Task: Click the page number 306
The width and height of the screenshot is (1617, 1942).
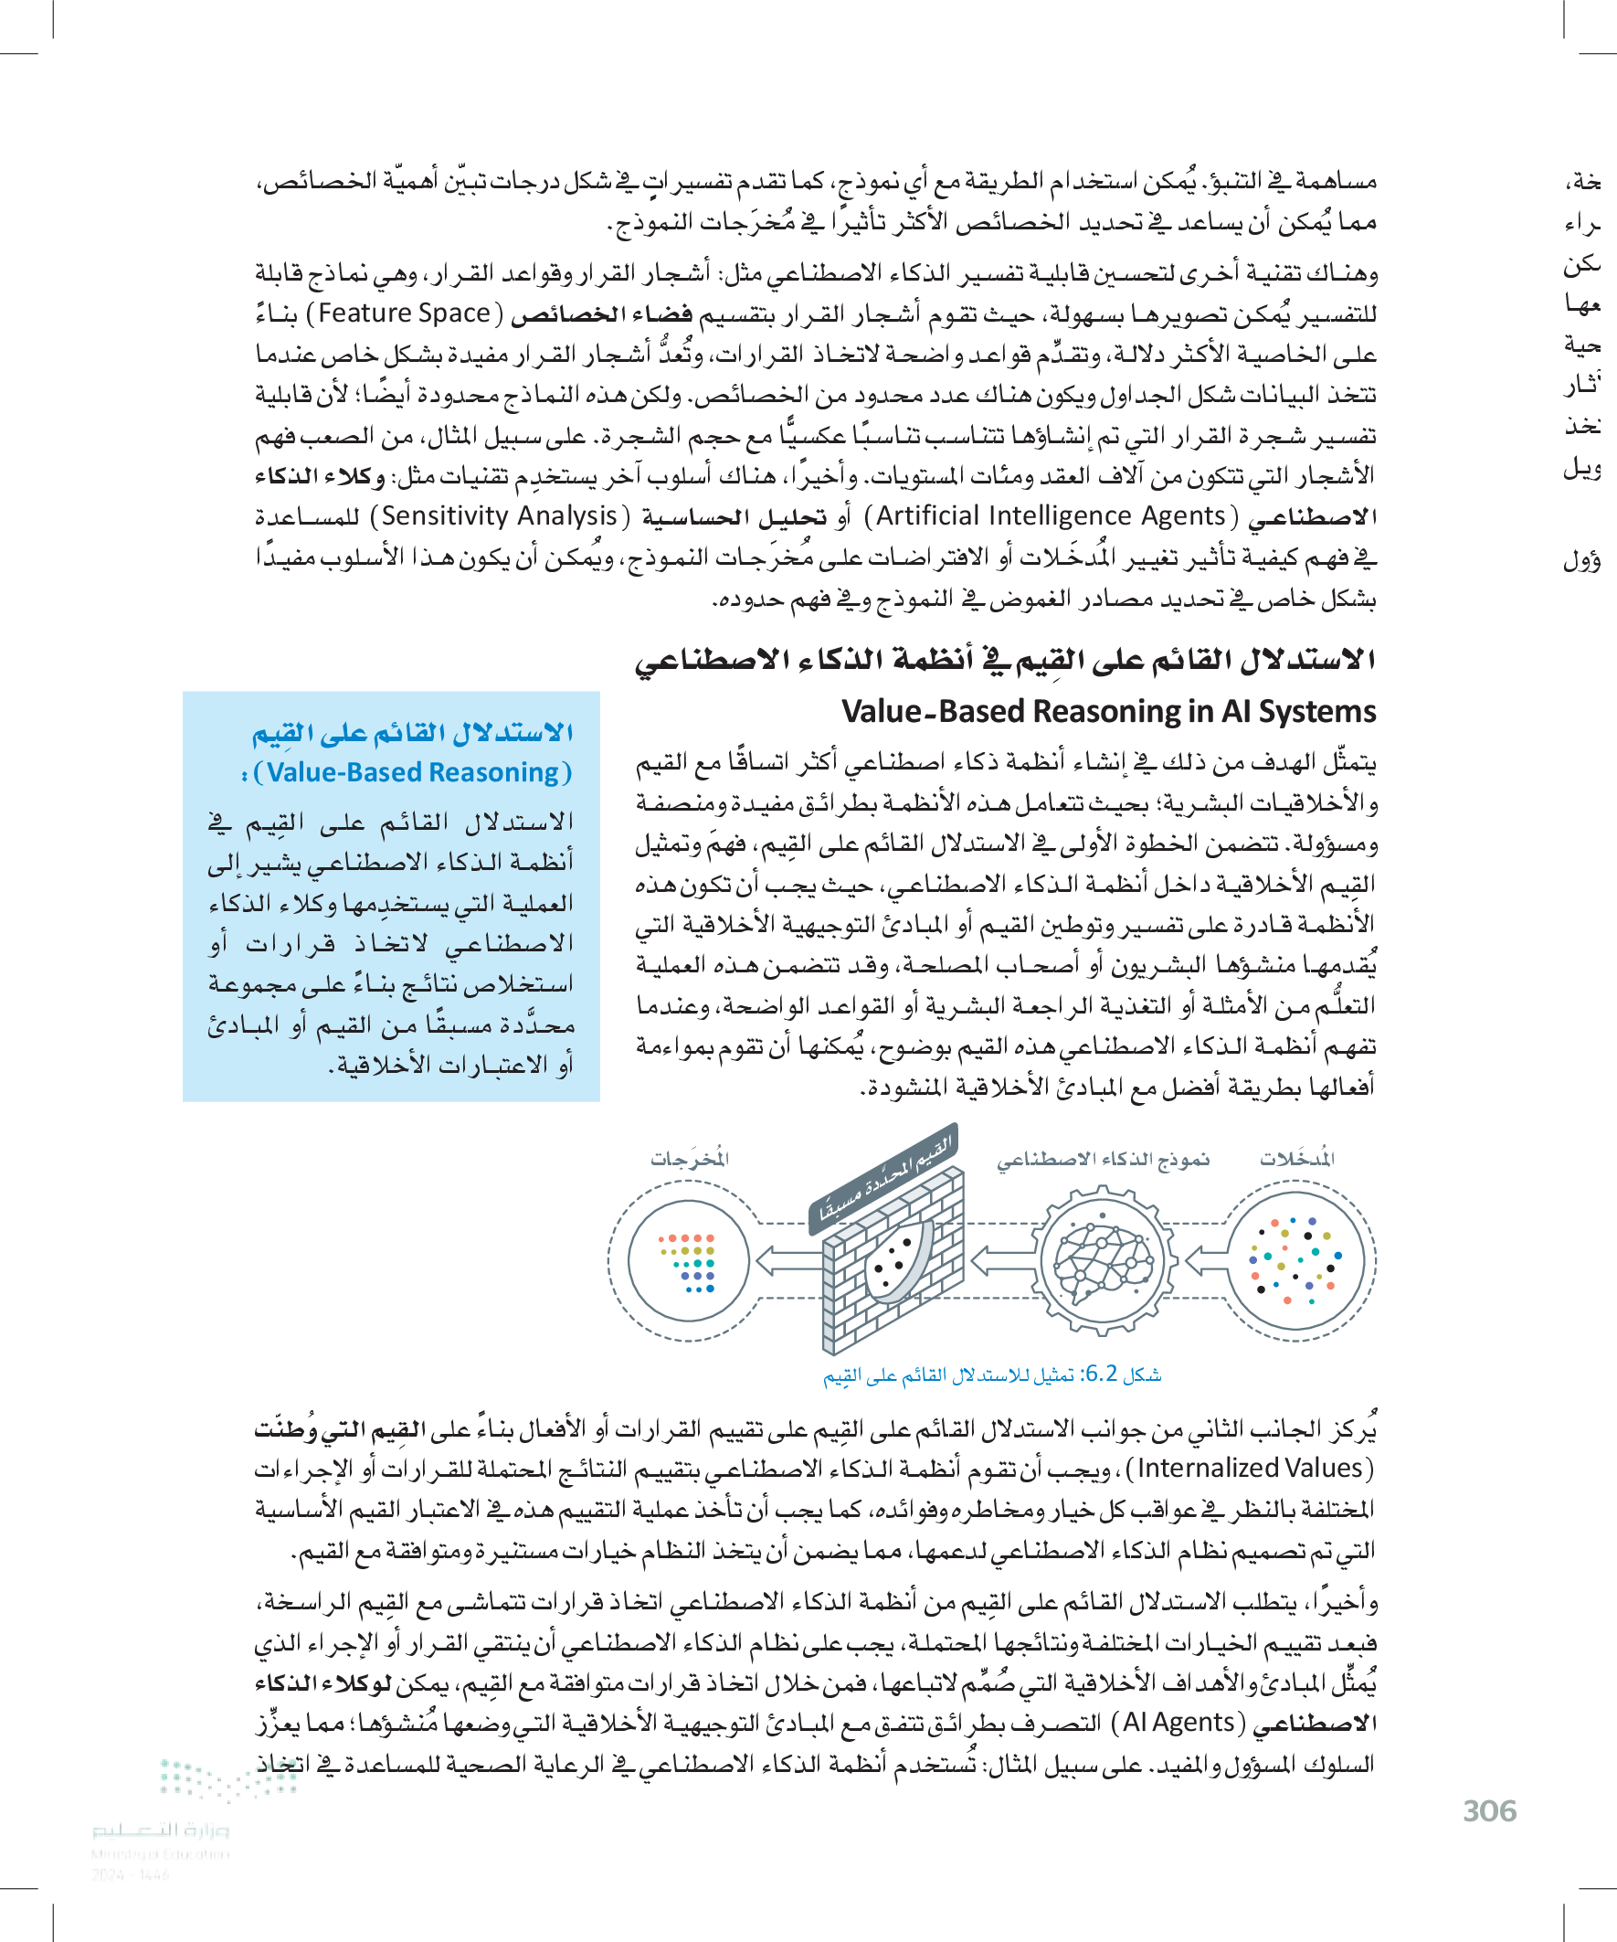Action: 1488,1810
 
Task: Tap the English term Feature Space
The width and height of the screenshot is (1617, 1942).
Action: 404,313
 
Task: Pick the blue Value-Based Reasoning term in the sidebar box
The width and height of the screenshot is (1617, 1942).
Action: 412,772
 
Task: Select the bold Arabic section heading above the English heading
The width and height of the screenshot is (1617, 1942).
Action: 1005,660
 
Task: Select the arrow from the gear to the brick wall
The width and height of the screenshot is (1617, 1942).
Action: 1002,1259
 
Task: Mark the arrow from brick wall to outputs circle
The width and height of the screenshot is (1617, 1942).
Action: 787,1259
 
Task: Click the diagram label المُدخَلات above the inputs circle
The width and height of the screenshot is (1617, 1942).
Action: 1297,1159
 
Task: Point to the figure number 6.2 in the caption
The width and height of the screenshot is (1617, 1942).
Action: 1100,1374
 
